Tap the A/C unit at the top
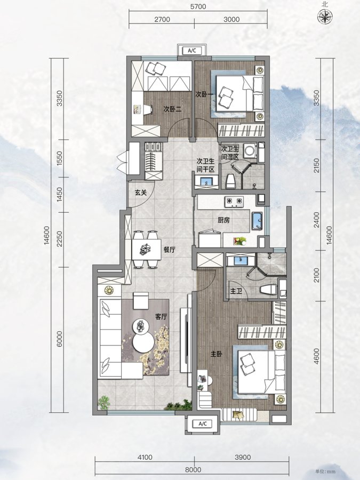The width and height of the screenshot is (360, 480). point(192,51)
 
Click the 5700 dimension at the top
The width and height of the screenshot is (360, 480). point(198,6)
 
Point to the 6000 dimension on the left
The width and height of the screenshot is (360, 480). point(59,339)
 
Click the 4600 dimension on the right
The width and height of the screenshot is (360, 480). point(316,356)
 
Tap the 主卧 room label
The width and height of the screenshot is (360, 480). point(216,354)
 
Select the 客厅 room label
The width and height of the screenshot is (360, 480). point(161,316)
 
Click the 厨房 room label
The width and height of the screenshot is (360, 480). point(224,220)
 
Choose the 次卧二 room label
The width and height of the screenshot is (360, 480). point(173,109)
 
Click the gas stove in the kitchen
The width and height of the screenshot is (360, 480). point(234,201)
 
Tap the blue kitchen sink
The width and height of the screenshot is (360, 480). point(257,220)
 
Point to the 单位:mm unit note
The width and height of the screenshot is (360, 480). point(326,471)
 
